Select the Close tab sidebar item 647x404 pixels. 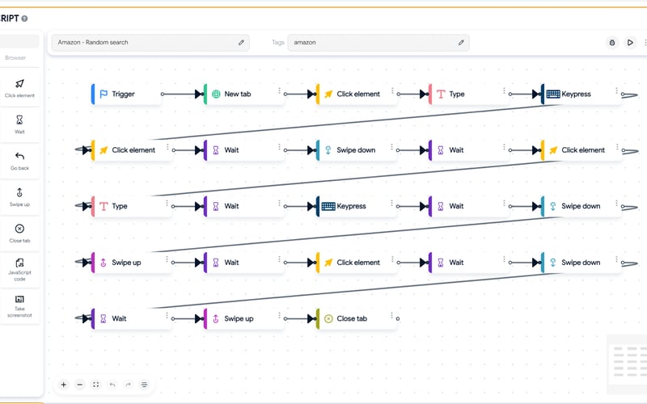tap(19, 233)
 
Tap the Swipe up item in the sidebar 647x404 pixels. tap(19, 196)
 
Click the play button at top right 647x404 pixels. tap(631, 42)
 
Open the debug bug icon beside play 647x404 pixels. tap(613, 42)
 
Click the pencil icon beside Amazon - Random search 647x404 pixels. tap(241, 42)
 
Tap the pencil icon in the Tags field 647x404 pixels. tap(462, 42)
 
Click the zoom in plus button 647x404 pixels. tap(64, 385)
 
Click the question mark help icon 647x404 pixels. tap(24, 18)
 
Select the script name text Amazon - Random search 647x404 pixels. tap(93, 42)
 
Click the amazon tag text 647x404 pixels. tap(304, 42)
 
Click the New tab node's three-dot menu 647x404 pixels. tap(279, 90)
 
